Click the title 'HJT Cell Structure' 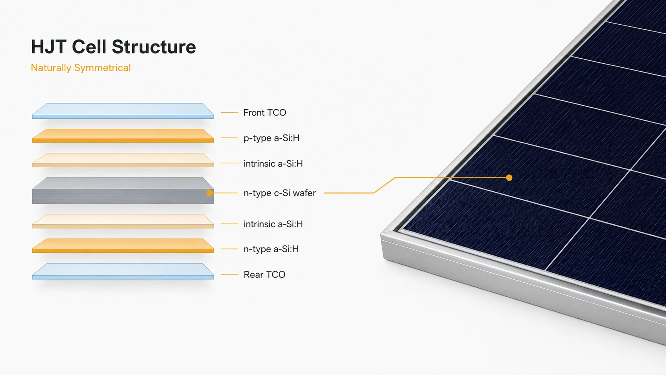coord(113,47)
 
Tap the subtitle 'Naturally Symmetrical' coord(80,68)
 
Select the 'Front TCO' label coord(264,112)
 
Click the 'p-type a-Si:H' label coord(271,138)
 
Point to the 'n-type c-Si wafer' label coord(280,193)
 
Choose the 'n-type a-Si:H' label coord(271,249)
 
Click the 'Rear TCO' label coord(264,275)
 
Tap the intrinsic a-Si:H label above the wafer coord(273,163)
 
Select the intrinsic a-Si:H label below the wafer coord(273,224)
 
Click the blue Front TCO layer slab coord(123,111)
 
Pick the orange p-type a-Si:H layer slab coord(123,135)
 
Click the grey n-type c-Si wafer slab coord(123,190)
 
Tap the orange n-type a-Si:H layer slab coord(123,245)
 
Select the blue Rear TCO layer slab coord(123,271)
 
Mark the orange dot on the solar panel coord(509,178)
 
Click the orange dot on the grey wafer coord(209,193)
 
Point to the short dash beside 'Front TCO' coord(229,113)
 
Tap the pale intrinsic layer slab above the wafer coord(123,160)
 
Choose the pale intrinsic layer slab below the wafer coord(123,221)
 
